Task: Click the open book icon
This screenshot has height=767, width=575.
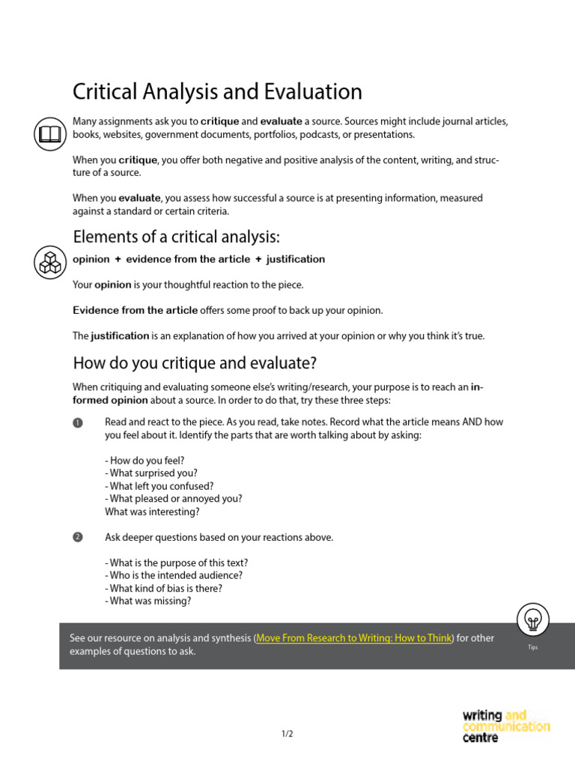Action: point(49,135)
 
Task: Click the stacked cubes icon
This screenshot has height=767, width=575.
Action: point(49,262)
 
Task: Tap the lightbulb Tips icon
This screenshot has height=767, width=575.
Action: point(532,619)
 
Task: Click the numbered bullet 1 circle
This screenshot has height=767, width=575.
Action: point(77,422)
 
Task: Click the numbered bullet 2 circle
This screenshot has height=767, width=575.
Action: point(77,538)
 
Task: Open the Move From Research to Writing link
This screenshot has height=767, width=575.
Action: point(354,638)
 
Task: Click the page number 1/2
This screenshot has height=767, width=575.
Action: point(287,734)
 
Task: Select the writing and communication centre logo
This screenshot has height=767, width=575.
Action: point(505,726)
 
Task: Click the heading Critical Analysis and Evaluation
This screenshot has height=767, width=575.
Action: point(217,92)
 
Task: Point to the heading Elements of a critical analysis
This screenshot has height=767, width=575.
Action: point(176,237)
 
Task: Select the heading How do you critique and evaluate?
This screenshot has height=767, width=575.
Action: point(195,363)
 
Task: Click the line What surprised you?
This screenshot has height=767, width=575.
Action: point(151,473)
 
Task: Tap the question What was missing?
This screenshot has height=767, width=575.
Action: point(148,601)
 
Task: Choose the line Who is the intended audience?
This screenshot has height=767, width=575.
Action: point(174,575)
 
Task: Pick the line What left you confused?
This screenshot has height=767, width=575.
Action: point(159,486)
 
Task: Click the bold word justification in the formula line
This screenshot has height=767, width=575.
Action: point(296,259)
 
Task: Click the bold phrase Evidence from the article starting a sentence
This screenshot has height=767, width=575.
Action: point(135,310)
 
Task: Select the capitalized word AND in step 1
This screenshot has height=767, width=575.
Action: point(472,422)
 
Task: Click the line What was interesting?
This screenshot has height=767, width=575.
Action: point(152,512)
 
